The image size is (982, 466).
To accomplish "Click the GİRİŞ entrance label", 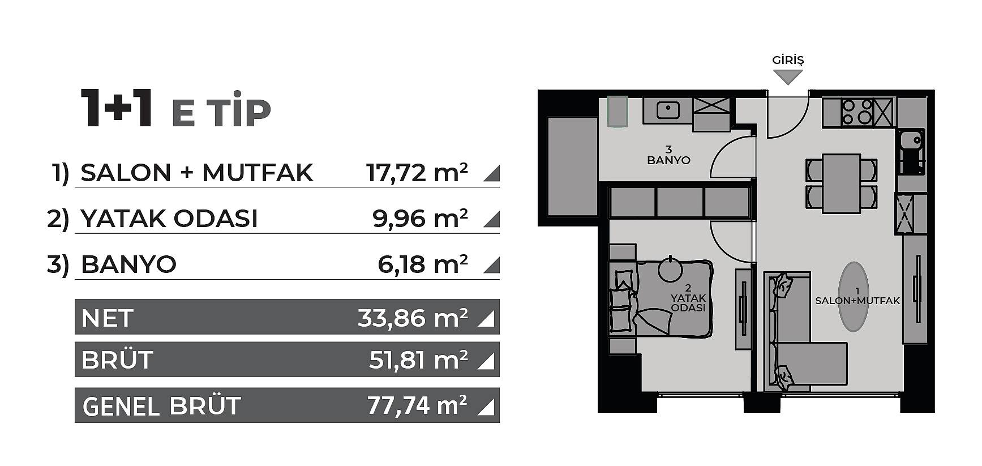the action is (x=788, y=60).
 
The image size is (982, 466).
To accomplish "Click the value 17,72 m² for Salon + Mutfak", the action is (x=417, y=173).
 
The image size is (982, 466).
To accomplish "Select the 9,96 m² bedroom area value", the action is (x=420, y=218).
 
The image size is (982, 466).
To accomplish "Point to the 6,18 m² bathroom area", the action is (x=422, y=264).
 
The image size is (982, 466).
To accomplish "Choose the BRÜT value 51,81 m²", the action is (x=418, y=360).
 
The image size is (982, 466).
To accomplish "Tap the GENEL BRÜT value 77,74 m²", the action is (x=417, y=405).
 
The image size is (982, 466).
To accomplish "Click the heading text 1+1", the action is (x=117, y=109).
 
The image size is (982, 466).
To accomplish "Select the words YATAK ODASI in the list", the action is (x=169, y=219).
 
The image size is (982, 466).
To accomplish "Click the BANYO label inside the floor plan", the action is (x=668, y=160).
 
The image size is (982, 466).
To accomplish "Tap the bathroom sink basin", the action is (x=668, y=110).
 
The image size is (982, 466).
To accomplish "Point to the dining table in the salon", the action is (x=841, y=183).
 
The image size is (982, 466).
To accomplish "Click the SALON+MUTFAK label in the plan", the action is (x=857, y=301).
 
